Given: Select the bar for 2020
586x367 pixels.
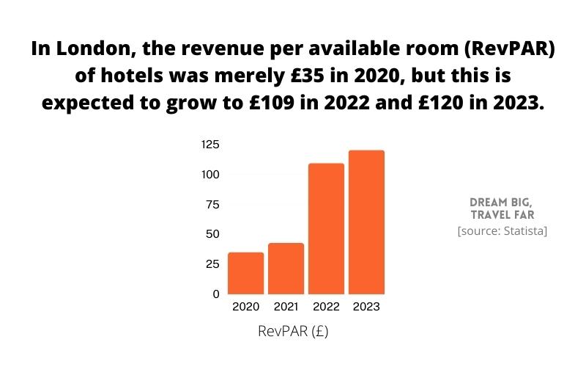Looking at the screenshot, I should tap(246, 273).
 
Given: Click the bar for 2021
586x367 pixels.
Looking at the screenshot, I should tap(286, 269).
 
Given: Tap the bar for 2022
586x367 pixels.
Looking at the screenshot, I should tap(326, 228).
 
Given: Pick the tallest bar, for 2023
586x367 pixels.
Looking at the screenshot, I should tap(366, 222).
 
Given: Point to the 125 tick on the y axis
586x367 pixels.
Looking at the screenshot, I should tap(210, 145).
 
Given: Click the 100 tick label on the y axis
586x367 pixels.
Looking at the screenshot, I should tap(210, 175).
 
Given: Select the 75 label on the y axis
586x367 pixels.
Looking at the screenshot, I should tap(212, 204).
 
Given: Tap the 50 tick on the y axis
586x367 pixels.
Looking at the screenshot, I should tap(212, 234).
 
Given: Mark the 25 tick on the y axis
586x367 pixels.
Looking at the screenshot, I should tap(212, 264).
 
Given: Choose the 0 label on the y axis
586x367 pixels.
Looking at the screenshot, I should tap(216, 294).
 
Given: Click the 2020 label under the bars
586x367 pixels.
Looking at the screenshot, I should tap(246, 307).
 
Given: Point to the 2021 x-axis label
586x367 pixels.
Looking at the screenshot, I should tap(286, 307).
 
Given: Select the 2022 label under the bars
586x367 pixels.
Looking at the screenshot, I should tap(326, 307).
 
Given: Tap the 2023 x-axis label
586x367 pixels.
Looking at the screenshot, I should tap(366, 307).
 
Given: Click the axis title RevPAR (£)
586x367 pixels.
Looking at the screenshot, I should tap(293, 331).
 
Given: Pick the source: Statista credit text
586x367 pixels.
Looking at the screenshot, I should tap(502, 231).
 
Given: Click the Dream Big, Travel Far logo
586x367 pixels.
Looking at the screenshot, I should tap(502, 208).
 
